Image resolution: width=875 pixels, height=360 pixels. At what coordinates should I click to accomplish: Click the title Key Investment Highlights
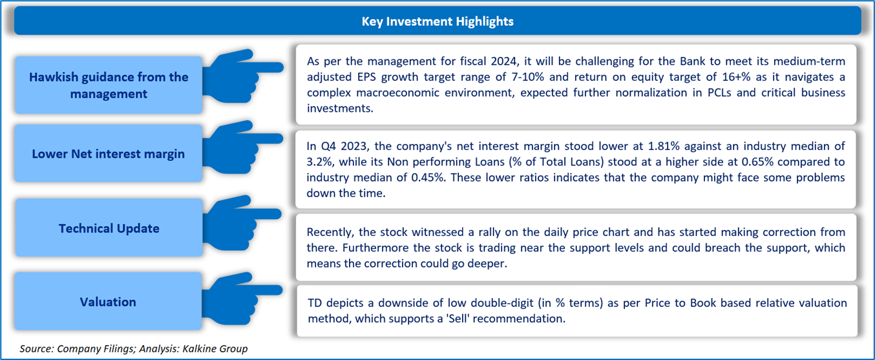click(x=437, y=21)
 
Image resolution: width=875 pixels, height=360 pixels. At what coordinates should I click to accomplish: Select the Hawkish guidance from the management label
click(x=109, y=85)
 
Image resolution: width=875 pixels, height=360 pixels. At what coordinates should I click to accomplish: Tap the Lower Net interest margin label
click(x=108, y=154)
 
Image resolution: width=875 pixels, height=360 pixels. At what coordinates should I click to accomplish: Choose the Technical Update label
click(x=109, y=228)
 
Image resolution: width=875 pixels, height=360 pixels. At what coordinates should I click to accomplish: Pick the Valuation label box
click(x=108, y=301)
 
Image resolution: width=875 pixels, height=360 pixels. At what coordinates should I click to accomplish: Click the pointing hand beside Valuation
click(x=242, y=299)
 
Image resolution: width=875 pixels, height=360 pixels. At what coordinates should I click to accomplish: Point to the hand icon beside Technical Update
click(x=242, y=223)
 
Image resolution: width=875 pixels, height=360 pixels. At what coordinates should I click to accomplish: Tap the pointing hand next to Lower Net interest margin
click(x=242, y=147)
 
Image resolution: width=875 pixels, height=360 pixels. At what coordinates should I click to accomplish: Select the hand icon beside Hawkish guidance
click(x=242, y=76)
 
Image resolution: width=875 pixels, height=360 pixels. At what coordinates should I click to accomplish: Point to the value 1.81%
click(x=664, y=146)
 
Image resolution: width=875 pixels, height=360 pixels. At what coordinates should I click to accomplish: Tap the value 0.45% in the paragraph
click(x=428, y=178)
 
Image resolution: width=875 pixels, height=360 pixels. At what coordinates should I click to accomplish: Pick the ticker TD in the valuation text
click(x=315, y=303)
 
